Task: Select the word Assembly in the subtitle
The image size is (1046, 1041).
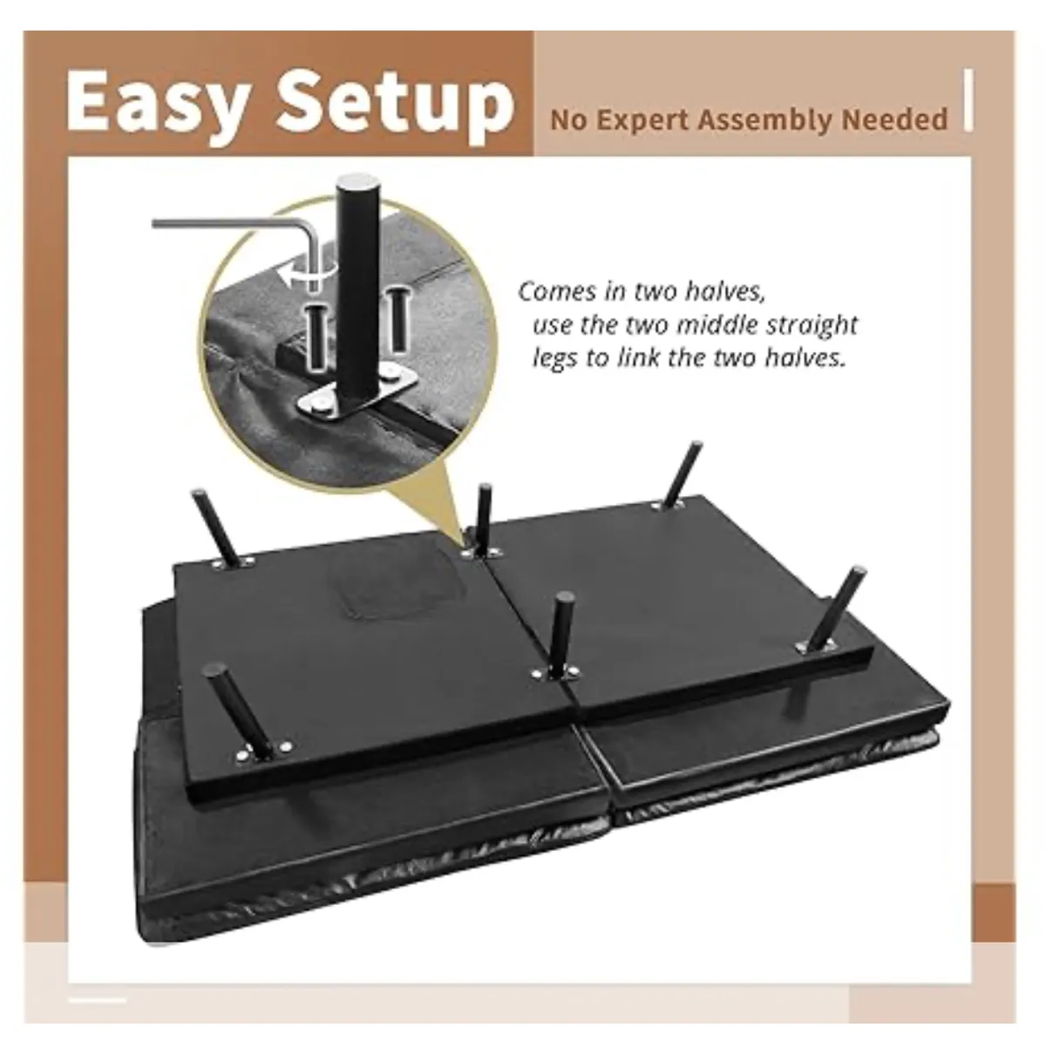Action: (764, 120)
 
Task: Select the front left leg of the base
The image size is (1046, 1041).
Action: (239, 712)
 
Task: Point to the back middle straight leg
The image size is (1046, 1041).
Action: (484, 518)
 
